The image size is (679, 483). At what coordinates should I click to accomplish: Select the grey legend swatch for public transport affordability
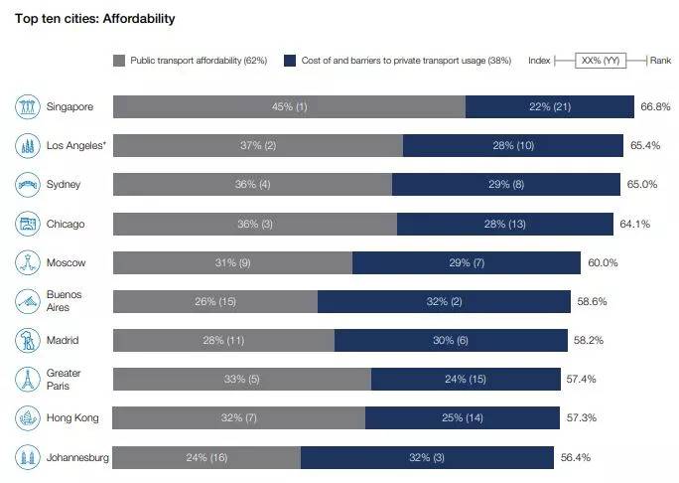[x=120, y=60]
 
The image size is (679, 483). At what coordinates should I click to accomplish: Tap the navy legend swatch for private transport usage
[x=289, y=60]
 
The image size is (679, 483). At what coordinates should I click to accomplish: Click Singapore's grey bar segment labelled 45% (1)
[x=289, y=106]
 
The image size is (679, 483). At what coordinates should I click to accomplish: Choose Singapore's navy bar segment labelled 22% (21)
[x=550, y=106]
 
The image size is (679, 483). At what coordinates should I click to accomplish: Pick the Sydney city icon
[x=27, y=185]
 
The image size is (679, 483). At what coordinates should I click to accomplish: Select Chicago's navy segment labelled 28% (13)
[x=509, y=224]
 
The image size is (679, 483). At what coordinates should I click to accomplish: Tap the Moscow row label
[x=67, y=262]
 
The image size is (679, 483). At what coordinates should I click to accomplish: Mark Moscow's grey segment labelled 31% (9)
[x=232, y=262]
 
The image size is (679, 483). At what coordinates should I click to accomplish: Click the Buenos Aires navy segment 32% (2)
[x=444, y=301]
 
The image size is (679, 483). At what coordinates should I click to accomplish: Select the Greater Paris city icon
[x=27, y=379]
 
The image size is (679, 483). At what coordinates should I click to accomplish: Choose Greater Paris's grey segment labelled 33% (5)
[x=241, y=379]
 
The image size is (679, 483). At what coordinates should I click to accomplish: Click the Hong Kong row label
[x=72, y=418]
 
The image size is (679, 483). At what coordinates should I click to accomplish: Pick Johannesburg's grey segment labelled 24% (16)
[x=206, y=457]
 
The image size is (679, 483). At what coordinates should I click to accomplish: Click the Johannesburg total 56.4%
[x=575, y=457]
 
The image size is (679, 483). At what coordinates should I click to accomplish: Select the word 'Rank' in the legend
[x=660, y=60]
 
